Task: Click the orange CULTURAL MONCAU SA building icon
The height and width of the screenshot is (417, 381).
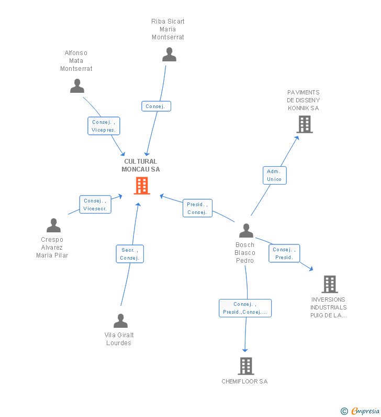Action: click(142, 186)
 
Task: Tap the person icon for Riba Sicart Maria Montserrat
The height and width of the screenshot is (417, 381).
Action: click(169, 55)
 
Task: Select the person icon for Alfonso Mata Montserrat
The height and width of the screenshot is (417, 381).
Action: click(77, 86)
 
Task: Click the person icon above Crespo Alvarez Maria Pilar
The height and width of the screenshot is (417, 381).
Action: click(53, 225)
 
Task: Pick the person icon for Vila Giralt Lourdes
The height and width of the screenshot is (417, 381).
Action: click(121, 320)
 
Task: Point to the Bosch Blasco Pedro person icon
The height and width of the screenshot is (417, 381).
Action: click(246, 231)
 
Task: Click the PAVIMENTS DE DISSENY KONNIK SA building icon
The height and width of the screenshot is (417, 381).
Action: click(305, 124)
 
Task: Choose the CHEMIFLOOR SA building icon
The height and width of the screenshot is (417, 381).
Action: click(246, 366)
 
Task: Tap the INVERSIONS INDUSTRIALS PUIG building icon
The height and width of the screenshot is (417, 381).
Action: click(330, 284)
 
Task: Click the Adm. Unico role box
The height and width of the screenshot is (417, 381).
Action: click(275, 176)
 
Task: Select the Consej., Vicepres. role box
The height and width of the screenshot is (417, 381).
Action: click(104, 126)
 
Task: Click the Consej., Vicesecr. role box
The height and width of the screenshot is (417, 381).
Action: click(95, 205)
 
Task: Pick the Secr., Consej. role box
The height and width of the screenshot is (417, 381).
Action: click(130, 254)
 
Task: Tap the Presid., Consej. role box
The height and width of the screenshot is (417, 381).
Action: click(197, 208)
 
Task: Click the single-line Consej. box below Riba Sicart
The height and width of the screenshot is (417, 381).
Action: click(156, 106)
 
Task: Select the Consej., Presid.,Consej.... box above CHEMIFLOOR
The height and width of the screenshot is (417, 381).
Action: click(245, 308)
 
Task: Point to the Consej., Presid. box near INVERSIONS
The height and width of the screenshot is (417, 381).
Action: click(284, 253)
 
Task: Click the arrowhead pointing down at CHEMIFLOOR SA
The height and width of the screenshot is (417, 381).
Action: click(245, 350)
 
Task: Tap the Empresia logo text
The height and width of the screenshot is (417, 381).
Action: click(365, 411)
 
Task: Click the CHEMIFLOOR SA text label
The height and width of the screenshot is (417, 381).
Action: click(244, 381)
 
